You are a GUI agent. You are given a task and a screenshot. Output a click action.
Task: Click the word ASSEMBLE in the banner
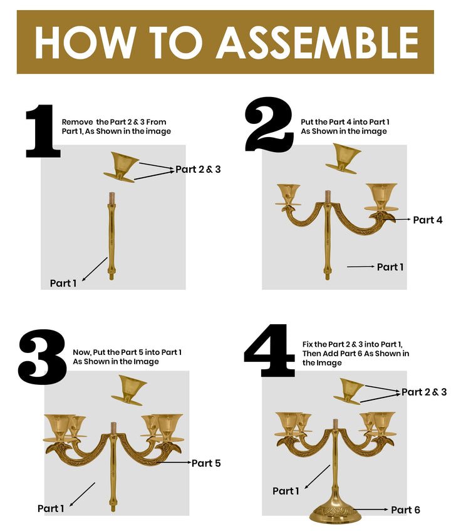click(x=318, y=43)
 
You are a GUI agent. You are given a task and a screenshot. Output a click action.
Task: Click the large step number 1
click(x=42, y=131)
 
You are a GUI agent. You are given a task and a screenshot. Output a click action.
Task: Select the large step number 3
click(x=42, y=357)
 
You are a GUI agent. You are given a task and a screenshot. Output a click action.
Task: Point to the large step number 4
click(x=269, y=350)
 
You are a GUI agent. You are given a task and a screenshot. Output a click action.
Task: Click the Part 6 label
click(x=405, y=510)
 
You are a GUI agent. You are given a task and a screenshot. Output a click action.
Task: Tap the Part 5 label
click(x=206, y=463)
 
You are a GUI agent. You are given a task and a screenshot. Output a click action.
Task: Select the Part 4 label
click(x=428, y=220)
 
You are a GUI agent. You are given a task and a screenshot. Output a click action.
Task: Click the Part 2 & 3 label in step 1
click(x=198, y=169)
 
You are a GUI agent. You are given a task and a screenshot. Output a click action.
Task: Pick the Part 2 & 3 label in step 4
click(x=424, y=392)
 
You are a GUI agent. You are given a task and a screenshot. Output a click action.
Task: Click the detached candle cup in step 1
click(x=125, y=166)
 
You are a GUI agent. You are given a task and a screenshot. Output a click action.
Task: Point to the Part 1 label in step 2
click(x=390, y=267)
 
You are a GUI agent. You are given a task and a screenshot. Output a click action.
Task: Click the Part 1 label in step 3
click(x=51, y=508)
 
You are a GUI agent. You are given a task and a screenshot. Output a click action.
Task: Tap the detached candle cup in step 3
click(x=130, y=390)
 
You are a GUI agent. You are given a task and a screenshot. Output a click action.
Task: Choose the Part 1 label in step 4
click(x=286, y=491)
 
